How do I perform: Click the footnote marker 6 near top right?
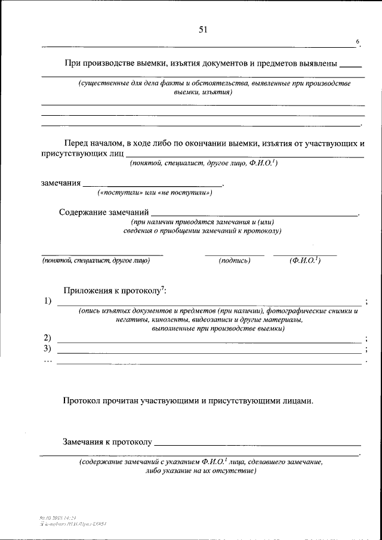tap(358, 41)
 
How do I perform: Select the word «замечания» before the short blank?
tap(60, 183)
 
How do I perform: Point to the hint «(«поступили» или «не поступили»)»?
tap(155, 193)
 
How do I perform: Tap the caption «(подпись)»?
tap(234, 261)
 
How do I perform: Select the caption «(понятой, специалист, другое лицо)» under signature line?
tap(95, 261)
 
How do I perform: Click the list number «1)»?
tap(48, 301)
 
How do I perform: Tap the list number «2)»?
tap(48, 338)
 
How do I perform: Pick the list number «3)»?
tap(48, 348)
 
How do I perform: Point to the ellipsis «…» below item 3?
tap(48, 360)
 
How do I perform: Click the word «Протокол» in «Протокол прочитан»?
tap(84, 402)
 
